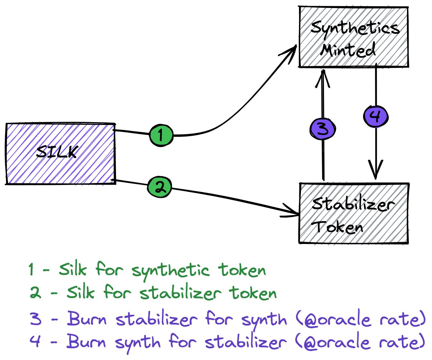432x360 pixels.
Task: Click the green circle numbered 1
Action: click(161, 135)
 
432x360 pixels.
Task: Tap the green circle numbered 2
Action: click(159, 187)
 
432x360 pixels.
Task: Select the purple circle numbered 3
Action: click(323, 130)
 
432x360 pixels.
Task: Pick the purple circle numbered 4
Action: click(376, 116)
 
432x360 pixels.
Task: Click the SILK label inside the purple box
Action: click(57, 152)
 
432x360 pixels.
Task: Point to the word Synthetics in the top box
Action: click(355, 28)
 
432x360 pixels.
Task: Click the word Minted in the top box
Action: click(348, 50)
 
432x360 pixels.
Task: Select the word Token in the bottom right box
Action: click(338, 227)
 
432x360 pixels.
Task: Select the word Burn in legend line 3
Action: click(87, 319)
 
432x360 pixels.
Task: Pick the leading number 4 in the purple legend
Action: click(35, 341)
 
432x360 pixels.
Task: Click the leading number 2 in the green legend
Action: click(35, 293)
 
